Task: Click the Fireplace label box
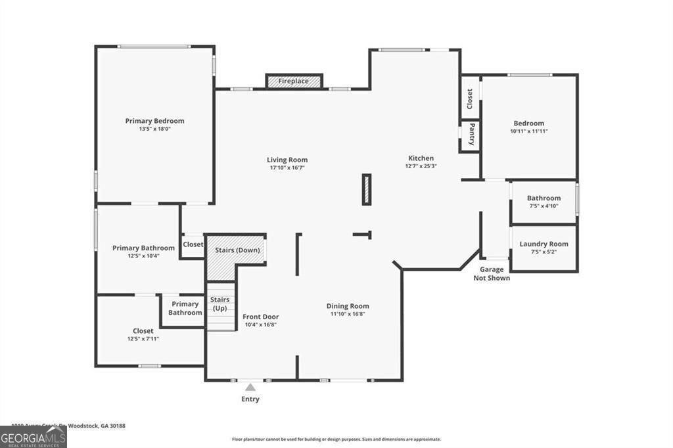click(x=294, y=81)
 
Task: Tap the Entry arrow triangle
click(x=250, y=388)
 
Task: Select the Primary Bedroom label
click(x=154, y=121)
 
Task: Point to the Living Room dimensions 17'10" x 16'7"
click(x=287, y=168)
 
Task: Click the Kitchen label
click(x=421, y=158)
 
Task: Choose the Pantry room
click(x=471, y=135)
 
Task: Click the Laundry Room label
click(x=544, y=244)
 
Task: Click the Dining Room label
click(x=348, y=306)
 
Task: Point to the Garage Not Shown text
click(x=492, y=274)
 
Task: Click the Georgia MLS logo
click(x=33, y=437)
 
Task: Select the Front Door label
click(x=261, y=317)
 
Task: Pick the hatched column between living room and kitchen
click(x=367, y=189)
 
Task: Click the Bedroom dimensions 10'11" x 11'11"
click(x=529, y=131)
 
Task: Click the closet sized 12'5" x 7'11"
click(x=143, y=331)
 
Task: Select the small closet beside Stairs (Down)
click(x=193, y=244)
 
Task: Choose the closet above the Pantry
click(x=469, y=99)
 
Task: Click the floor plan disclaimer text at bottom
click(x=336, y=439)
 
